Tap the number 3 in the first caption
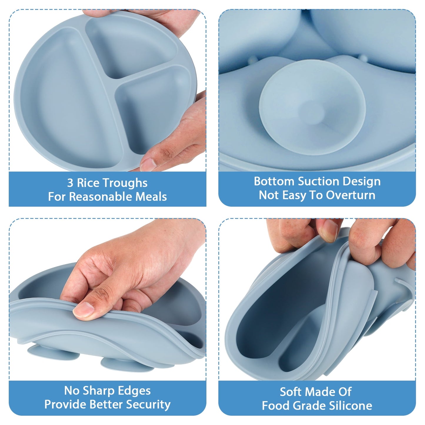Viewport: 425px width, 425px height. pyautogui.click(x=70, y=183)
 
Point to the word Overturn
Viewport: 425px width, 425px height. pyautogui.click(x=351, y=195)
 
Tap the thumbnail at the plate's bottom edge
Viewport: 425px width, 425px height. pyautogui.click(x=148, y=164)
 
